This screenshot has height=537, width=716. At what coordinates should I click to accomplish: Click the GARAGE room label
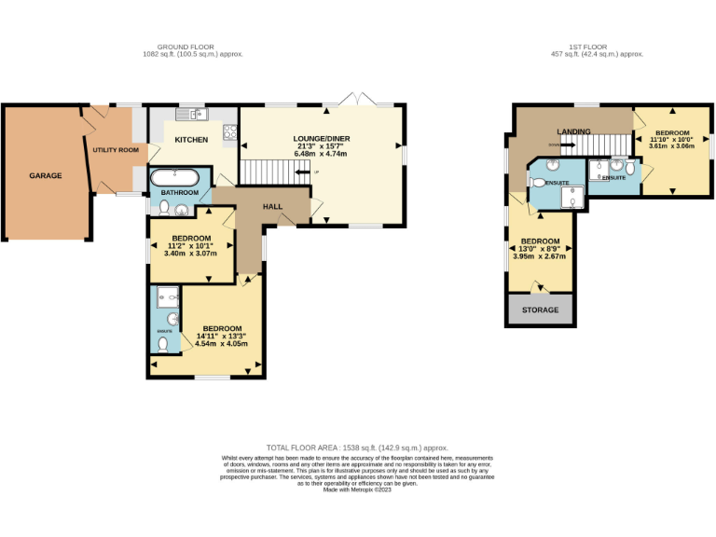[x=45, y=175]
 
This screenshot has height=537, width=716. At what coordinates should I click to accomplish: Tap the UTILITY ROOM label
[x=116, y=150]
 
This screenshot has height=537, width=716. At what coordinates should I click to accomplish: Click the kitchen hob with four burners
[x=230, y=133]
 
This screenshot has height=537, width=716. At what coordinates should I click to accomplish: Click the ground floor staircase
[x=270, y=172]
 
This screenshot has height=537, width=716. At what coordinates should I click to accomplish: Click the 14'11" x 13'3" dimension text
[x=223, y=336]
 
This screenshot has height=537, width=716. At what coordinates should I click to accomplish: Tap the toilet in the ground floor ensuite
[x=164, y=344]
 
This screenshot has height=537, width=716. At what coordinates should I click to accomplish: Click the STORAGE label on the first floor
[x=541, y=310]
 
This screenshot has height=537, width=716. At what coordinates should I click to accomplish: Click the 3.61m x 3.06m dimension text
[x=671, y=146]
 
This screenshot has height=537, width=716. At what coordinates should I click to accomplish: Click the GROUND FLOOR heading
[x=186, y=47]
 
